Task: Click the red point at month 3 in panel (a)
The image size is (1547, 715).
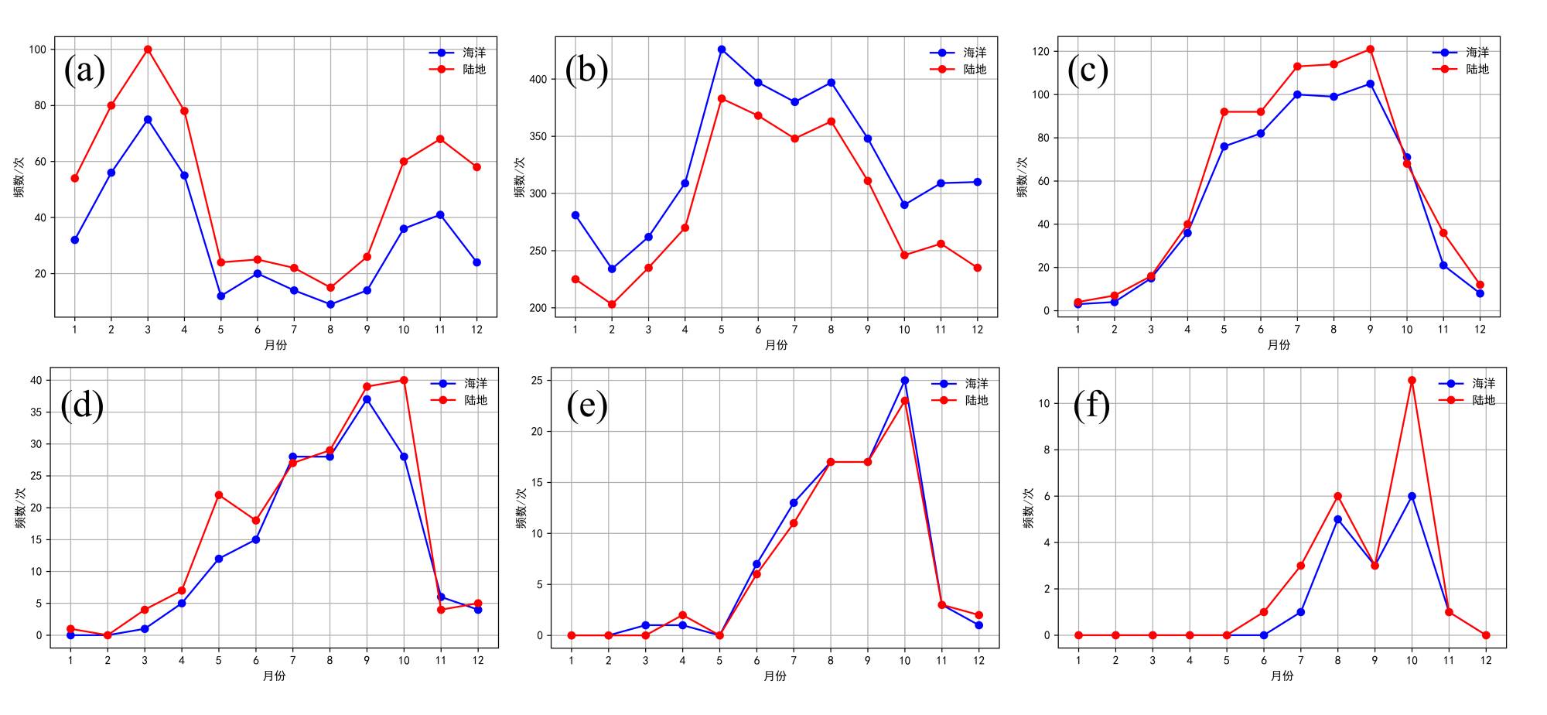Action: coord(148,50)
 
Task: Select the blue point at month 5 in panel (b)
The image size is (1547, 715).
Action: coord(722,50)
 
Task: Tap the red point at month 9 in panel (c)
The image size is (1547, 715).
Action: coord(1370,50)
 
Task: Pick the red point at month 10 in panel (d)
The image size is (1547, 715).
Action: coord(404,380)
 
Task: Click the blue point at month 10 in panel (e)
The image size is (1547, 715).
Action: coord(905,381)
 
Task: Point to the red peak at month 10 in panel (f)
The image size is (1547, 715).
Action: coord(1412,380)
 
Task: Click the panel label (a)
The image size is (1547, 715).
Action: coord(84,70)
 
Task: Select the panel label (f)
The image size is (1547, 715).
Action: coord(1091,405)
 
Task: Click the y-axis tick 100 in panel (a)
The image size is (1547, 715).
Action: coord(37,50)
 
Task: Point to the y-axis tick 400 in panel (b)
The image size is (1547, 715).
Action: coord(538,79)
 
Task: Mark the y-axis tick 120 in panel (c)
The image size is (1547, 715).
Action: coord(1040,52)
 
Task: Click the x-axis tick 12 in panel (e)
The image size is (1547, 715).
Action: coord(978,660)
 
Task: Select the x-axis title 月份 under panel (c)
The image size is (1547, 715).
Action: coord(1279,344)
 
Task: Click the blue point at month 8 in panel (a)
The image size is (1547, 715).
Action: coord(330,305)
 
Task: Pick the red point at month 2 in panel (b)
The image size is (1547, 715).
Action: coord(612,305)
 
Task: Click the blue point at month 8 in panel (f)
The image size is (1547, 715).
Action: coord(1337,519)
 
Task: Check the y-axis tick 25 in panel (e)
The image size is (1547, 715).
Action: coord(538,381)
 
